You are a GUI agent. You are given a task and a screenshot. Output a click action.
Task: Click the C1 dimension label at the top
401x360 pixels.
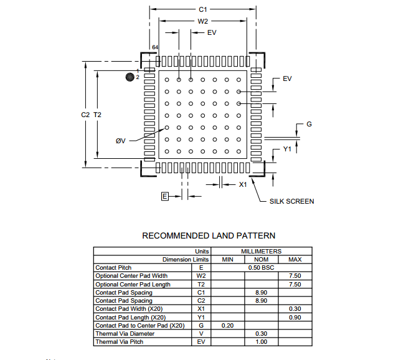coord(203,9)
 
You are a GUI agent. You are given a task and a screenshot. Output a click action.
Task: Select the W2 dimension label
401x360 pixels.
coord(203,21)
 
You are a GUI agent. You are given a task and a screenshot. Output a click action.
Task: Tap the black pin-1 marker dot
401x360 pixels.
coord(130,77)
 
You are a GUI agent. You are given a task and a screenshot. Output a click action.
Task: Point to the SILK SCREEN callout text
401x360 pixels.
coord(292,201)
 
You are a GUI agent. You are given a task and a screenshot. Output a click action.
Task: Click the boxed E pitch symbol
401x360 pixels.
coord(164,196)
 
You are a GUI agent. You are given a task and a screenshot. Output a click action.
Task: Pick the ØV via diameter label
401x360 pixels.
coord(120,141)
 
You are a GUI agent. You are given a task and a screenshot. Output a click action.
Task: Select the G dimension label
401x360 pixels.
coord(309,124)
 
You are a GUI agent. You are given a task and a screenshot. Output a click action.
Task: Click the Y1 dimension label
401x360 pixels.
coord(287,149)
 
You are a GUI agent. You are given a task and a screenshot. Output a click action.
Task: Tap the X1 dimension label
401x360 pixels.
coord(243,184)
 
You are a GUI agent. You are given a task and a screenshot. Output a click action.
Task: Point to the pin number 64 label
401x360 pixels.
coord(155,47)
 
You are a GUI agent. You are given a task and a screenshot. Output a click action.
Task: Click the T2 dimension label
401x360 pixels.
coord(97,115)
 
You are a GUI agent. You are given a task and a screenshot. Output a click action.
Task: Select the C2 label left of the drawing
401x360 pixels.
coord(85,115)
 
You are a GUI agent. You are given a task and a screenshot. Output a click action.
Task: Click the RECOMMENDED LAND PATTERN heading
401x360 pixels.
coord(209,235)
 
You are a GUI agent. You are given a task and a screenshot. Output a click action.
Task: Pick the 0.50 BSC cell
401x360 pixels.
coord(261,268)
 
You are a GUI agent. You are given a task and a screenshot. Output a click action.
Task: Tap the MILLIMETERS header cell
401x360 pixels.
coord(261,251)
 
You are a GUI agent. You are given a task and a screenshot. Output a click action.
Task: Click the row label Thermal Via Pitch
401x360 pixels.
coord(120,342)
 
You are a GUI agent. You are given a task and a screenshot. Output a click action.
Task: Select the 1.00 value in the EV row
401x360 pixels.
coord(261,342)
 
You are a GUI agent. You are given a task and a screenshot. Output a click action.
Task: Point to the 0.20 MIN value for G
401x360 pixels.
coord(228,326)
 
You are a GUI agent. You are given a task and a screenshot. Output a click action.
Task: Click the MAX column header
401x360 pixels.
coord(295,260)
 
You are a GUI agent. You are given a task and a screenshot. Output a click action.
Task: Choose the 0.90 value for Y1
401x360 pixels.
coord(295,317)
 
